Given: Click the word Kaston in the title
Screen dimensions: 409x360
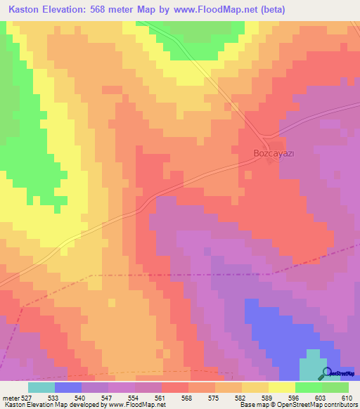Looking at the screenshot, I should (x=26, y=9).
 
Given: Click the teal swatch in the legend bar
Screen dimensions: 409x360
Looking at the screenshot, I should (x=41, y=387).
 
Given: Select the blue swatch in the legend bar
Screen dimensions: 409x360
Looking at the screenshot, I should (x=68, y=387).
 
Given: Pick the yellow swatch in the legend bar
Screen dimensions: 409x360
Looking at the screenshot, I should (x=282, y=387).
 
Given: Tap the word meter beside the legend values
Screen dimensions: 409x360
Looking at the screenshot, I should (x=8, y=397).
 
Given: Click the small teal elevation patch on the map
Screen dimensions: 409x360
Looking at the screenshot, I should (x=309, y=367).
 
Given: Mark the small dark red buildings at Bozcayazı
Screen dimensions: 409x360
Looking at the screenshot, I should (x=269, y=161).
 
